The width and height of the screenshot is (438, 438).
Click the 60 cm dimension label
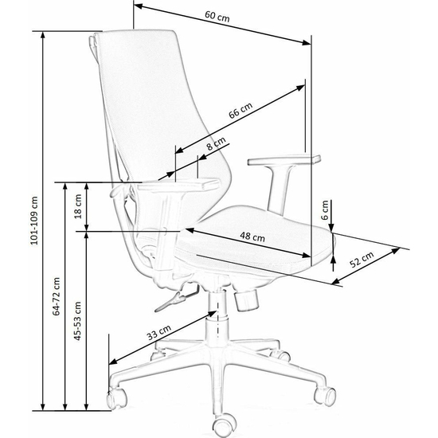217,16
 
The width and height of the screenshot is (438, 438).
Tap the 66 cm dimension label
241,110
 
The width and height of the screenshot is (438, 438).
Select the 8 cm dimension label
216,143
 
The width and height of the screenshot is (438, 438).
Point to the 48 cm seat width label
252,237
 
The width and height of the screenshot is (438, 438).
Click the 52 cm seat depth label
362,260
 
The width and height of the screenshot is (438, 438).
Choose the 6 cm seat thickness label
325,210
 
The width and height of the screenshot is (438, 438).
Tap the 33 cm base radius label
158,332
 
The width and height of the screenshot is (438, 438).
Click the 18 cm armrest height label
78,206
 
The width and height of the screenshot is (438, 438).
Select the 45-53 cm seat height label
77,321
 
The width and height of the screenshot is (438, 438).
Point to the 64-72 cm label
57,296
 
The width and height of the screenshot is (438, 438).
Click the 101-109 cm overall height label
34,221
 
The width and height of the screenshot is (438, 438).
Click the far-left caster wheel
116,398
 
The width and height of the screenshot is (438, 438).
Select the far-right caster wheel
325,396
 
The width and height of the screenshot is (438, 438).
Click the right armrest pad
284,160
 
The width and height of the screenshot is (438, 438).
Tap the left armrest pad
178,185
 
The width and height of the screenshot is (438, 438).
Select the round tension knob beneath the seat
246,300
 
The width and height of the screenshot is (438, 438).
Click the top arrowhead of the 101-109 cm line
43,34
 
